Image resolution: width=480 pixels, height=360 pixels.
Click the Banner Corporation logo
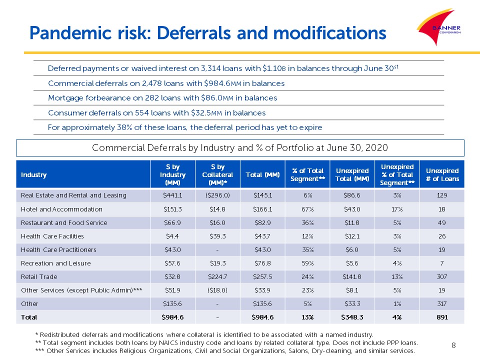click(439, 27)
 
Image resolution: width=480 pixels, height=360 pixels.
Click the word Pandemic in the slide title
click(70, 33)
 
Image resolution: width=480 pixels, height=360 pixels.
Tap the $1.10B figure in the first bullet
click(274, 68)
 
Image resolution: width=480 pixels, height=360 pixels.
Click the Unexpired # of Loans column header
click(442, 175)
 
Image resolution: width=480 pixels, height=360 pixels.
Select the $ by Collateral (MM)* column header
click(217, 175)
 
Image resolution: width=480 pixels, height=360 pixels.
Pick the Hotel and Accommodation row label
click(61, 209)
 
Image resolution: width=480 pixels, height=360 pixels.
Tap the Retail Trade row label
click(39, 276)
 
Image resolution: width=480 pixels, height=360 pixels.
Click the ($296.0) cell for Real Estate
click(217, 195)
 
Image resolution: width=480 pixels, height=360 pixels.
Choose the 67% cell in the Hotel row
click(307, 209)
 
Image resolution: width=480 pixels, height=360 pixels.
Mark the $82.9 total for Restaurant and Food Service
click(262, 223)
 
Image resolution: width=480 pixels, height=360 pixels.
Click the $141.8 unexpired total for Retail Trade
click(352, 276)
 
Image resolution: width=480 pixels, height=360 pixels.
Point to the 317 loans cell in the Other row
click(442, 303)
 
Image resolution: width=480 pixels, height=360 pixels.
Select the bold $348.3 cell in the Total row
click(352, 317)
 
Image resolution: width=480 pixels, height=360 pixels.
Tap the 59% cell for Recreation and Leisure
click(307, 263)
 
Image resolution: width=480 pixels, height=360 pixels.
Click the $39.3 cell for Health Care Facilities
click(217, 236)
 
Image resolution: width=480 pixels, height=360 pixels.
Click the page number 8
click(453, 345)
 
